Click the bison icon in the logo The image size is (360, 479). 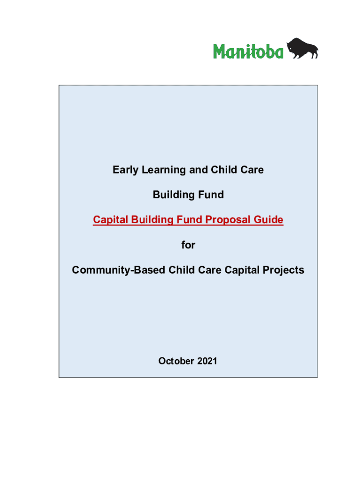pos(302,48)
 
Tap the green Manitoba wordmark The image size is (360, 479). pos(248,51)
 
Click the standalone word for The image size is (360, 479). pos(188,245)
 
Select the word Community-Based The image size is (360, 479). pos(119,270)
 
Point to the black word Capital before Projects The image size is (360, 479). pos(242,270)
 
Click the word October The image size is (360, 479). pos(176,361)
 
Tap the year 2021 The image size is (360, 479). pos(207,361)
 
